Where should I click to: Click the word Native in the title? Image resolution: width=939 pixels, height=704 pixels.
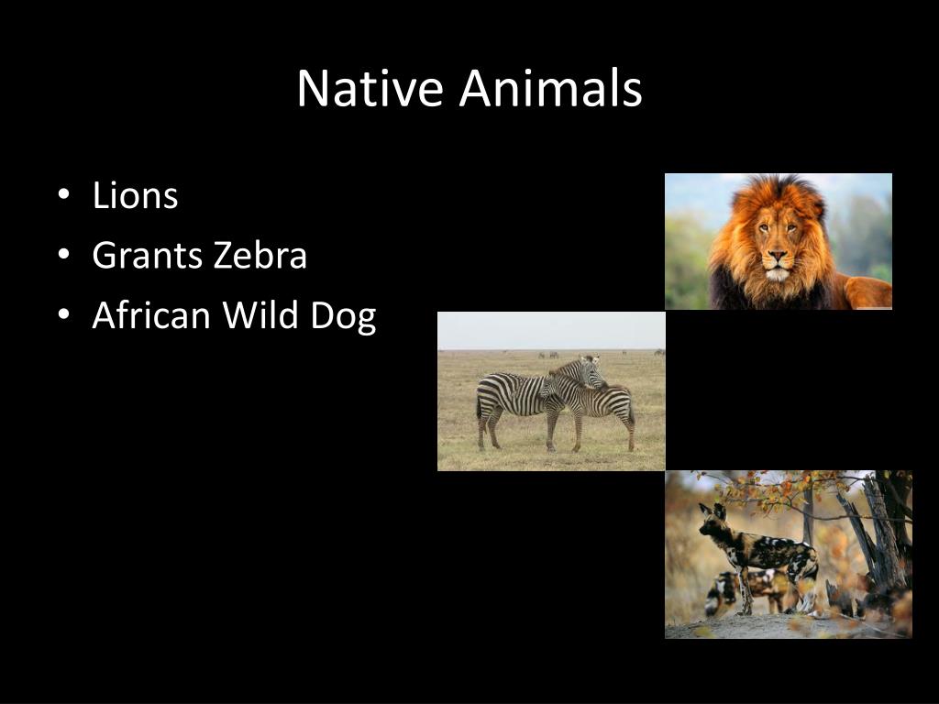[x=371, y=89]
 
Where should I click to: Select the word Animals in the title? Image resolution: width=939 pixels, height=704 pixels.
[x=550, y=89]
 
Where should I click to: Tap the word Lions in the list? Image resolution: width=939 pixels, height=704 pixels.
[x=135, y=196]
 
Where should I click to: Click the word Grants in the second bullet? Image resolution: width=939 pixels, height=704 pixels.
[x=148, y=256]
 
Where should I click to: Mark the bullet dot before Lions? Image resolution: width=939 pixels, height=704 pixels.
[x=62, y=196]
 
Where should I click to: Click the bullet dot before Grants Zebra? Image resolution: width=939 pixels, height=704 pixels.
[x=62, y=256]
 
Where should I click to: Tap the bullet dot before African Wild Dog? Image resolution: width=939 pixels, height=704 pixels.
[x=62, y=315]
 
